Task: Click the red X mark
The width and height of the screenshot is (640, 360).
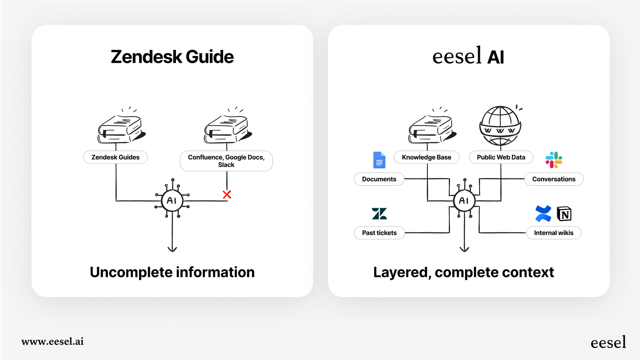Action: (x=227, y=195)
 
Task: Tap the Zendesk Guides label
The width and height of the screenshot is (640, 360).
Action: (x=115, y=157)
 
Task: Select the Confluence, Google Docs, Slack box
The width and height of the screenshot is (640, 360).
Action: (x=226, y=161)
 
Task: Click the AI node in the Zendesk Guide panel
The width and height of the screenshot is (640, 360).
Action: (x=172, y=201)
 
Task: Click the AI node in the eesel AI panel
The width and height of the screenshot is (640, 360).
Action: (x=464, y=201)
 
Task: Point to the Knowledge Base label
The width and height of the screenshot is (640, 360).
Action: (x=426, y=157)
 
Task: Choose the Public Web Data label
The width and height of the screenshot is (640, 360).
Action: (x=501, y=157)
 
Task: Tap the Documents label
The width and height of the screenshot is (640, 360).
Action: (x=379, y=179)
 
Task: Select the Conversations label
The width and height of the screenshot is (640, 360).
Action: (x=554, y=179)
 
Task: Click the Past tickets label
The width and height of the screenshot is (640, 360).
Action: (x=379, y=233)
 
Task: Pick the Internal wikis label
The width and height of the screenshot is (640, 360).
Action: (x=554, y=233)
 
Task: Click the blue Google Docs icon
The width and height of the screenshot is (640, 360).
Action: (x=379, y=160)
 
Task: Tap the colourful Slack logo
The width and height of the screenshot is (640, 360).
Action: (x=554, y=160)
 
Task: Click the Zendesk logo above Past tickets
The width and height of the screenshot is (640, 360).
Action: (x=379, y=214)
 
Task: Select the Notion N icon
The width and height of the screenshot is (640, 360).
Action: (x=564, y=214)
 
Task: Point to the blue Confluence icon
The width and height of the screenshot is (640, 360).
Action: (x=543, y=214)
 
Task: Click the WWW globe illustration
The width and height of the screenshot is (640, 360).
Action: (x=500, y=126)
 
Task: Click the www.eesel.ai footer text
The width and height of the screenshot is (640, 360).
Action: (x=53, y=341)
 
